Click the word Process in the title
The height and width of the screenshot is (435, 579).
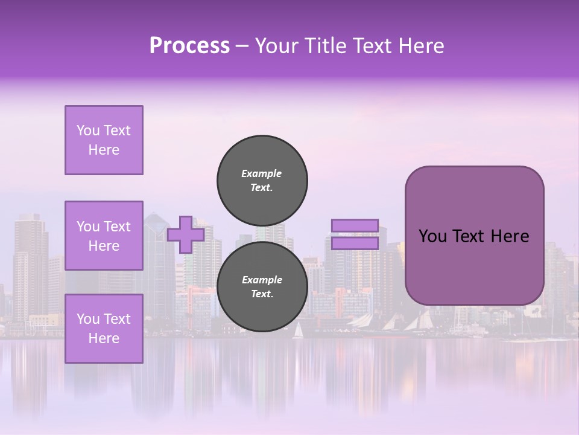click(189, 46)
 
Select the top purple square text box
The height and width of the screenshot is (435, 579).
click(104, 140)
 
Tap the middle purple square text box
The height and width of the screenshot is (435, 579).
click(104, 236)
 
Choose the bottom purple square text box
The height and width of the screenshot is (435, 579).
click(104, 329)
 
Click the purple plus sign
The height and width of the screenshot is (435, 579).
click(186, 234)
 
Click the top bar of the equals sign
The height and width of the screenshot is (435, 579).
click(355, 225)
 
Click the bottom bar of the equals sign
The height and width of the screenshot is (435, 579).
click(355, 243)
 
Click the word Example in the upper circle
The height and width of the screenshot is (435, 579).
click(262, 173)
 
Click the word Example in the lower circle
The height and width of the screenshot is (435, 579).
click(262, 280)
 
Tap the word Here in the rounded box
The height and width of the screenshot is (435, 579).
click(510, 236)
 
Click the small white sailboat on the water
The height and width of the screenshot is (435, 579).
click(298, 330)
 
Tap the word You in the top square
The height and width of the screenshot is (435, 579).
click(88, 130)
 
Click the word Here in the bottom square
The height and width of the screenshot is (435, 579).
click(104, 338)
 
